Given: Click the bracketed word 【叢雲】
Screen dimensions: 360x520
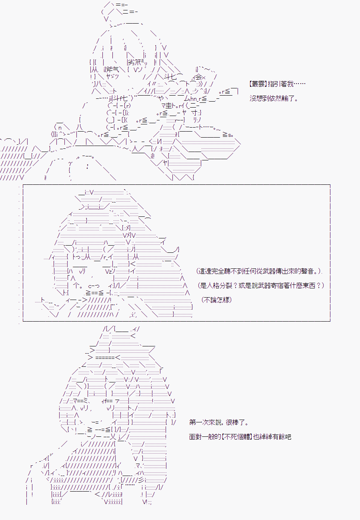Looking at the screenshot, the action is pos(258,84).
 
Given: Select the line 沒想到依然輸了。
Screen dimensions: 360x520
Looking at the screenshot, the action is pos(274,98).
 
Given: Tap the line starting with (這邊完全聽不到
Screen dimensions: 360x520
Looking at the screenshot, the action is pos(259,271).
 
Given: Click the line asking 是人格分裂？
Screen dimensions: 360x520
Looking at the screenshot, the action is pos(261,285).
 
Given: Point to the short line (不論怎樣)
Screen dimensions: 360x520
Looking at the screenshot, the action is pos(217,300).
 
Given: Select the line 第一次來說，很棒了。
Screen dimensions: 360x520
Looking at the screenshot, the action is pos(219,422).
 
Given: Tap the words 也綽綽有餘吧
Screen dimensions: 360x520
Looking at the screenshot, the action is pos(272,437).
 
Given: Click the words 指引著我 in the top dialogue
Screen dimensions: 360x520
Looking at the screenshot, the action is pos(280,84).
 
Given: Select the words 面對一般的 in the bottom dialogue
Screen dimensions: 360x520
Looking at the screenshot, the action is pos(205,437).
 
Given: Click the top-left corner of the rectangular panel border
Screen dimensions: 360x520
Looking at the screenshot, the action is pos(23,185).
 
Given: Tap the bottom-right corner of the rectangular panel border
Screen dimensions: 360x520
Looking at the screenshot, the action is pos(330,321).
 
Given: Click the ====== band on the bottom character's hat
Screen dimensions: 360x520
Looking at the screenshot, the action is pos(105,358).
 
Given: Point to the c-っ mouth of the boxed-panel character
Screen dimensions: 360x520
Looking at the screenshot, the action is pos(94,286).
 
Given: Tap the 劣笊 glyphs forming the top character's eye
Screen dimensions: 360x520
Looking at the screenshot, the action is pos(134,62).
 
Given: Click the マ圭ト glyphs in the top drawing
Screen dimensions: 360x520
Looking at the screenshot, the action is pos(170,106).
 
